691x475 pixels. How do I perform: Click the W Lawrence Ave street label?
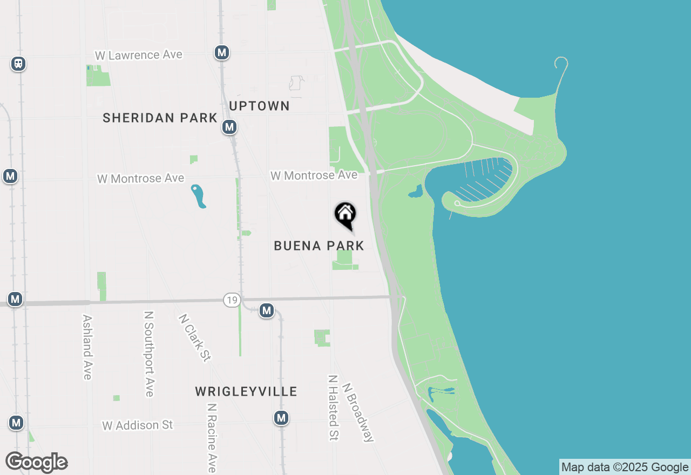click(x=139, y=55)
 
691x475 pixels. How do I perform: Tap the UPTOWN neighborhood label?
click(x=259, y=106)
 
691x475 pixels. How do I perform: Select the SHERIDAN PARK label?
click(x=160, y=118)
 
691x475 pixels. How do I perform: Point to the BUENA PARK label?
click(x=319, y=246)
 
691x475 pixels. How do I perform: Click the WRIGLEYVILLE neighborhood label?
click(x=246, y=391)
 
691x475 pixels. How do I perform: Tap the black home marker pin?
click(x=345, y=215)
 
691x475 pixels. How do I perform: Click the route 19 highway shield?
click(x=232, y=300)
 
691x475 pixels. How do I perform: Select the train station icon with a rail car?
click(x=18, y=64)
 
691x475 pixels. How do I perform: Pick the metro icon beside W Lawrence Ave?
click(x=222, y=52)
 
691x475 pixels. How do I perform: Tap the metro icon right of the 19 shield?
click(x=267, y=310)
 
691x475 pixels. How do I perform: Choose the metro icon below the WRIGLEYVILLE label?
click(x=281, y=418)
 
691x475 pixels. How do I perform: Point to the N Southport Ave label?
click(x=150, y=354)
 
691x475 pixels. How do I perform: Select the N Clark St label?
click(x=194, y=338)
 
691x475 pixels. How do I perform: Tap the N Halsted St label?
click(x=333, y=408)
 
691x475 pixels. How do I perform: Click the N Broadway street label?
click(x=357, y=412)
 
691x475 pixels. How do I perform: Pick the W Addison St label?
click(x=138, y=425)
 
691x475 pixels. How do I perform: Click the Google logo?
click(x=37, y=463)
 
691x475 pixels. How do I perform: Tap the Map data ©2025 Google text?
click(x=625, y=467)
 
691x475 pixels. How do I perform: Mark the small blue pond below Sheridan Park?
click(x=198, y=196)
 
